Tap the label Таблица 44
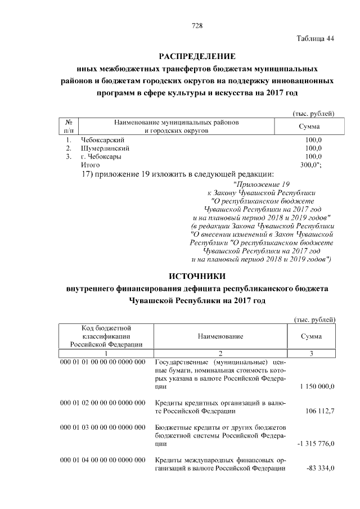pyautogui.click(x=316, y=38)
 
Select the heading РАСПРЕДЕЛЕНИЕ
pyautogui.click(x=197, y=56)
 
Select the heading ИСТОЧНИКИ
pyautogui.click(x=197, y=276)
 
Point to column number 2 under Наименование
pyautogui.click(x=220, y=353)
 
